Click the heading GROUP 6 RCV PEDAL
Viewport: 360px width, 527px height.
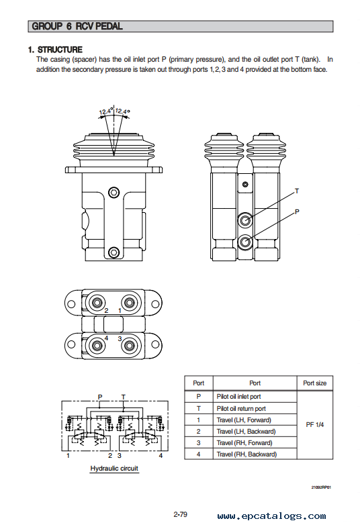click(x=77, y=26)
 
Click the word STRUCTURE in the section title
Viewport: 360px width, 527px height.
click(x=60, y=50)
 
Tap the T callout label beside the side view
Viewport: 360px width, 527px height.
click(x=297, y=191)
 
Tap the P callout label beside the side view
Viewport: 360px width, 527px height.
click(x=297, y=211)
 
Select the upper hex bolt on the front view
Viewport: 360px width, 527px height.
click(x=114, y=193)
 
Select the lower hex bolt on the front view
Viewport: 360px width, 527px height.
click(x=114, y=252)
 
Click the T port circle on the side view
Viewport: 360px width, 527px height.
click(x=245, y=220)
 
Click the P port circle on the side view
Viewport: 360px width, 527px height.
click(x=245, y=242)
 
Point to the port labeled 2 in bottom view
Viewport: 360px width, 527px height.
click(x=97, y=303)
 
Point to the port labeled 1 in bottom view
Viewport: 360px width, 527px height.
click(x=129, y=303)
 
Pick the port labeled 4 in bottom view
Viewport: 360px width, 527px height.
click(x=97, y=345)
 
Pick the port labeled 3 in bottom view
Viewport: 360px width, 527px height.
click(x=129, y=345)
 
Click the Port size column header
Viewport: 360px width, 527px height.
click(x=314, y=383)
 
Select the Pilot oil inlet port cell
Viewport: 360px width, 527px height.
click(x=238, y=397)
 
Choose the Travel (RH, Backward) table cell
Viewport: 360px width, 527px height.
click(x=246, y=454)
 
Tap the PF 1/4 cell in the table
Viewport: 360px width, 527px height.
click(x=314, y=425)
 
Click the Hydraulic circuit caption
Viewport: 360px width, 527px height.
click(x=114, y=469)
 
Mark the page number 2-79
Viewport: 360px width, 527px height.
click(x=181, y=514)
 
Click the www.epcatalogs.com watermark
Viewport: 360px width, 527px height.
click(x=271, y=516)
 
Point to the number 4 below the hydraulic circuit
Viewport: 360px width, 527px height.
click(x=161, y=456)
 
